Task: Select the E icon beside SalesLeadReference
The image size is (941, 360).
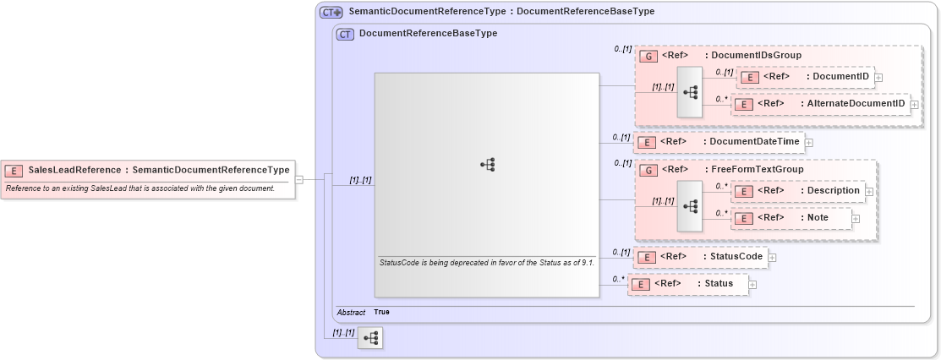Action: pos(14,171)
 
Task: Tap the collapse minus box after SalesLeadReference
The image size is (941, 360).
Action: pos(299,179)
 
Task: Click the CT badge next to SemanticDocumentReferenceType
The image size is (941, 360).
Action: pos(330,13)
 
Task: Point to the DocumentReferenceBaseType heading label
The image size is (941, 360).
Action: pos(428,34)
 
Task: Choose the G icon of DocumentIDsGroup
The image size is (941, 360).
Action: pos(648,56)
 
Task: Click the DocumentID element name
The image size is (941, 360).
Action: pos(839,77)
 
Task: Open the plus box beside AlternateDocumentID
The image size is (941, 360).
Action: pos(913,105)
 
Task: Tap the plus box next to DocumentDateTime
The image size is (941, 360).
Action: pos(809,142)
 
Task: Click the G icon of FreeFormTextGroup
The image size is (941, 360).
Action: pos(648,170)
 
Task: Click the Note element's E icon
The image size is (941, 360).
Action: pos(742,219)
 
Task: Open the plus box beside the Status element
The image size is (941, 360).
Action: pos(752,285)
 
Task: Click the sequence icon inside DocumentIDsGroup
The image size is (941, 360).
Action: pos(690,91)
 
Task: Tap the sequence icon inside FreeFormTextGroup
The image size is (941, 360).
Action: pos(690,205)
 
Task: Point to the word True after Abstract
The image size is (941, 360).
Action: pos(382,312)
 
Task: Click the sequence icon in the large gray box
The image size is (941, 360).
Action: pos(487,166)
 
